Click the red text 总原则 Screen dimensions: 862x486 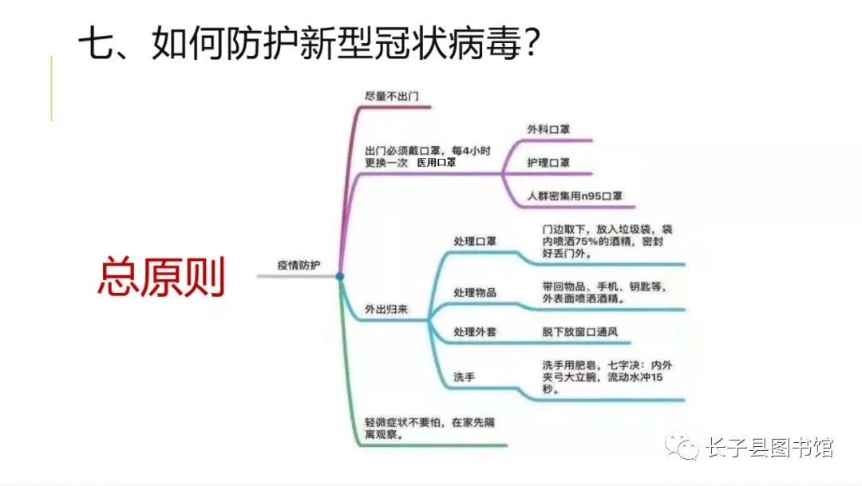point(161,277)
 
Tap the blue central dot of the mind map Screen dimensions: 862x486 point(340,276)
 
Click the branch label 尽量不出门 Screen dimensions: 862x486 point(386,96)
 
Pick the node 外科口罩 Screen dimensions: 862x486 point(548,129)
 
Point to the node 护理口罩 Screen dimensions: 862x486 point(548,163)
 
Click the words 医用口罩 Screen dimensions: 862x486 point(437,162)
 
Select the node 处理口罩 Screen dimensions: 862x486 point(475,242)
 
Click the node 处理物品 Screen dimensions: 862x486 point(475,292)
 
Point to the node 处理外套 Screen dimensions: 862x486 point(475,331)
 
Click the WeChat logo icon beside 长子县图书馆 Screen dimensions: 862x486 point(684,447)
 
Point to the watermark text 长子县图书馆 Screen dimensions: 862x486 point(769,448)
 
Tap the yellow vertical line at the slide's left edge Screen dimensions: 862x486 point(52,89)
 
